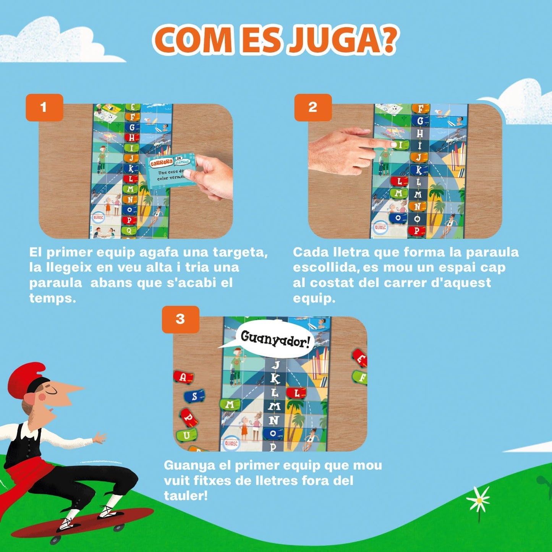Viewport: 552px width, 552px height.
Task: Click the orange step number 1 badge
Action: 44,107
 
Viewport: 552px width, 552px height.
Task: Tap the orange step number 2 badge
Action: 313,107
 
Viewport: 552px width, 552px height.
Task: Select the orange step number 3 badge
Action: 180,319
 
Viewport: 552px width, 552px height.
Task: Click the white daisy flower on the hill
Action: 478,499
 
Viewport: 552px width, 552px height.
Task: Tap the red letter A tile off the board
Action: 184,377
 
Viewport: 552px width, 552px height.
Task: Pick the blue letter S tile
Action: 194,396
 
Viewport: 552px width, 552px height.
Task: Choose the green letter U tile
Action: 187,435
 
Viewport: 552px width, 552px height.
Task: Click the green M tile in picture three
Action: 230,405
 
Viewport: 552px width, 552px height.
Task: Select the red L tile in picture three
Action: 297,393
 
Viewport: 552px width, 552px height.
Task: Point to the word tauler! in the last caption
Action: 186,496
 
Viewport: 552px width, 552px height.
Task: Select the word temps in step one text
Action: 52,298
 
